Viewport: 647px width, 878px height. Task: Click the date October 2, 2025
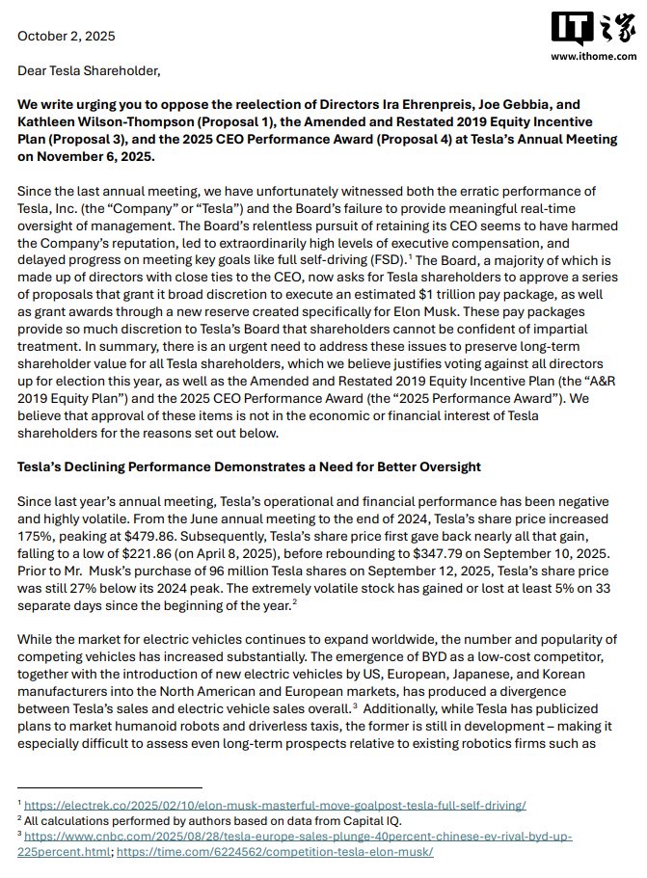click(66, 36)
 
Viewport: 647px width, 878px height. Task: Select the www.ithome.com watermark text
click(590, 57)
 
